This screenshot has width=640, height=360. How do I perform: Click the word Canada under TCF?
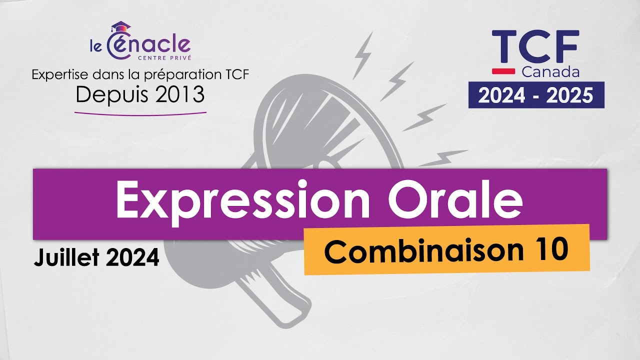550,72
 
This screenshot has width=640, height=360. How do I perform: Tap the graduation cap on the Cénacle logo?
119,26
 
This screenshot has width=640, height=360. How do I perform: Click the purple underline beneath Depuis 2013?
140,113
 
